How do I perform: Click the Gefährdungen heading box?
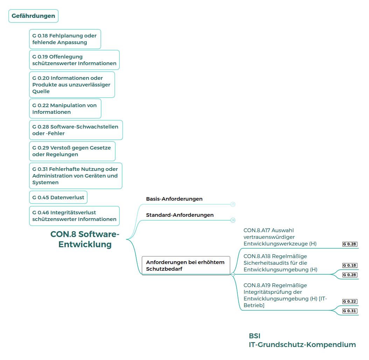pos(33,16)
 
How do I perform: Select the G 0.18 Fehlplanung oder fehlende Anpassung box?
pos(65,39)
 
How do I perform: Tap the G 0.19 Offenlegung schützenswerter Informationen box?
pos(74,60)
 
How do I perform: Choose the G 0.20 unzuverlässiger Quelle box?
pos(72,84)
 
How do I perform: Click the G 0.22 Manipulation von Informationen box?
pos(65,109)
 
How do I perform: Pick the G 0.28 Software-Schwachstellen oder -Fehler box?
pos(76,130)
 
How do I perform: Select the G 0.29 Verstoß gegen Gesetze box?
pos(72,151)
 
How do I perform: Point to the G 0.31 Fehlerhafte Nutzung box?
pos(76,176)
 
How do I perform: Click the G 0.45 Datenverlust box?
pos(58,198)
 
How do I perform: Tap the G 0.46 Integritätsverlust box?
pos(74,216)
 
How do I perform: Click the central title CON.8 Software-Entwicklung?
pos(85,239)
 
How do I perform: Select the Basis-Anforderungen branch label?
pos(174,199)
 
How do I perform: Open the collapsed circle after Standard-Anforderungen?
pos(233,220)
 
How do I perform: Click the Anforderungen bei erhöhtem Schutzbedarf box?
pos(186,265)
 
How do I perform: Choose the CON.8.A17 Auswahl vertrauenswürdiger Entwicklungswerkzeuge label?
pos(280,237)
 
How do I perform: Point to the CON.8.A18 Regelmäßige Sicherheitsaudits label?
pos(280,263)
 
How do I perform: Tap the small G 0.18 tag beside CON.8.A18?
pos(350,265)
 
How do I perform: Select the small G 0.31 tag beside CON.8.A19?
pos(350,311)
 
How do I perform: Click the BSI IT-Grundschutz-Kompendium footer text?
pos(302,340)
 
